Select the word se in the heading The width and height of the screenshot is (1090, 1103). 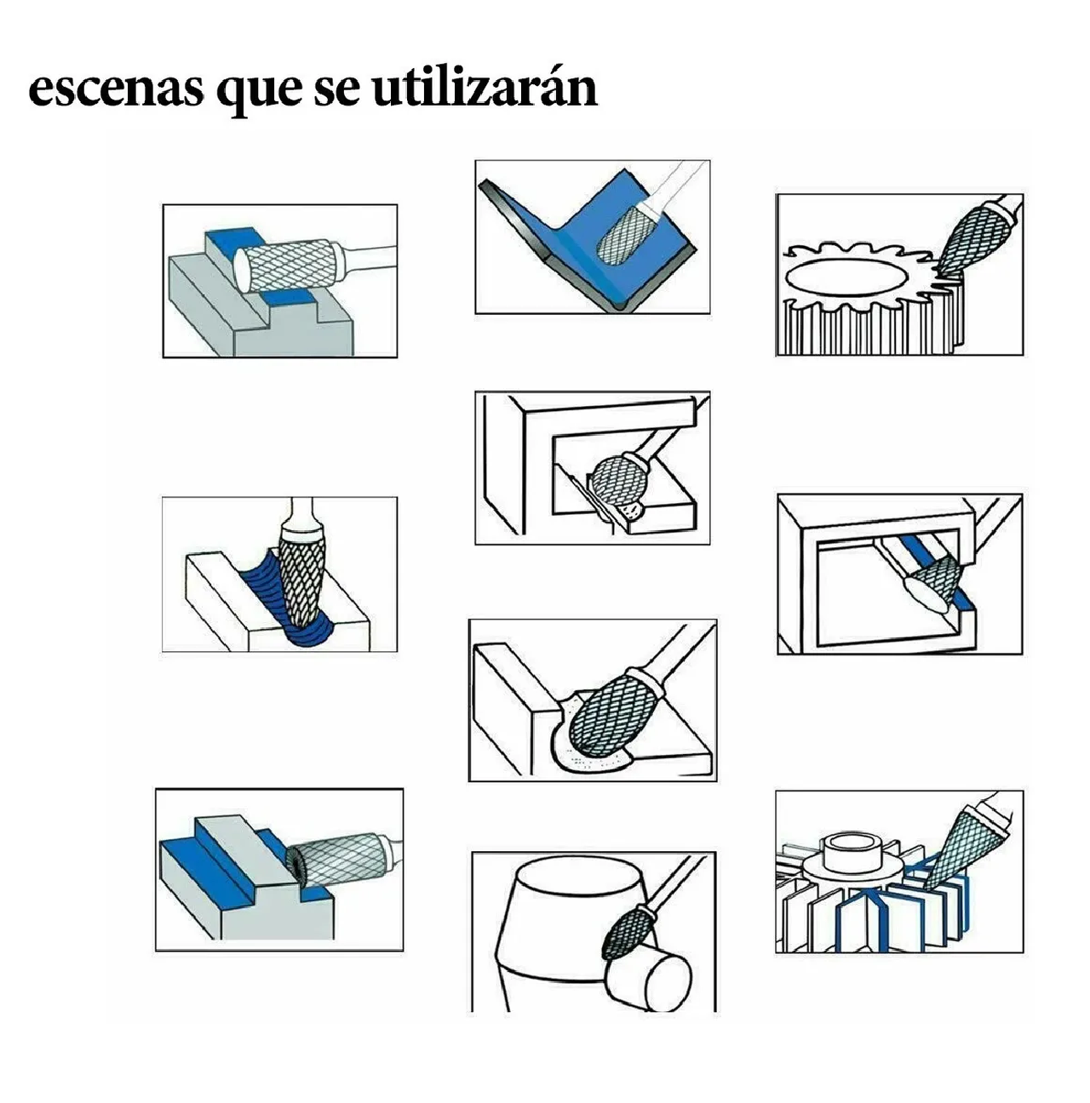336,90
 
